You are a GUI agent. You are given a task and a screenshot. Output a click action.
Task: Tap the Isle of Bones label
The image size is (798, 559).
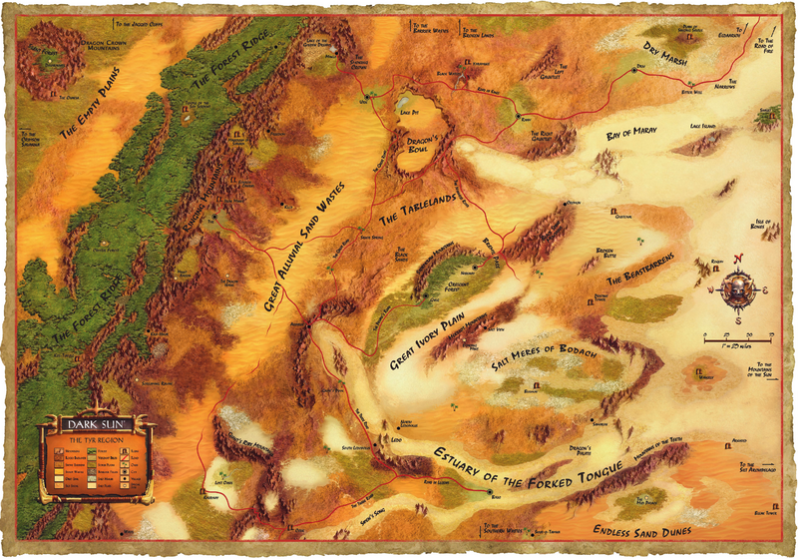coord(765,223)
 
